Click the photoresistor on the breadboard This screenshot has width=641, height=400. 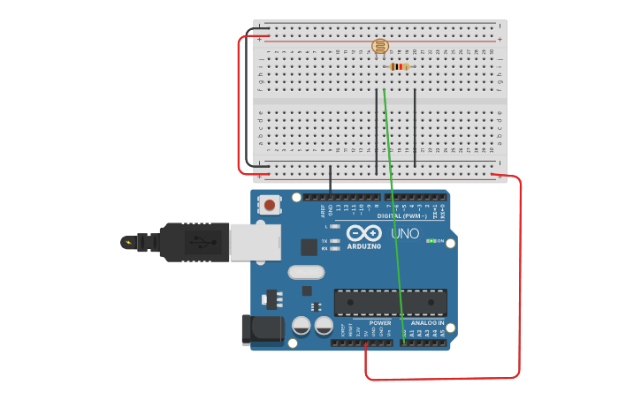(x=379, y=47)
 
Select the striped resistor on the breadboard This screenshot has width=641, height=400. (x=400, y=66)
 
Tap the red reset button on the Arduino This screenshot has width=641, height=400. (x=269, y=206)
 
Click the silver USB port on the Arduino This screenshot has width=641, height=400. (x=255, y=241)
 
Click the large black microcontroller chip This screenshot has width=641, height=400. (x=390, y=301)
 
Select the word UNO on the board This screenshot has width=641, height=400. (x=405, y=234)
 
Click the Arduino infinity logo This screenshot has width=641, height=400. (x=364, y=233)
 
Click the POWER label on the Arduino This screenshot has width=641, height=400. (x=380, y=323)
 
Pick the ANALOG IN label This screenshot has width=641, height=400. (x=426, y=323)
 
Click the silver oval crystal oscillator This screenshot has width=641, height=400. (x=306, y=273)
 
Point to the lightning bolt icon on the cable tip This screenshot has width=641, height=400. (x=129, y=242)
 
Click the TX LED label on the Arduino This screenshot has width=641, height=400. (x=324, y=241)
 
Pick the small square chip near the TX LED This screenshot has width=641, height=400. (x=309, y=247)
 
